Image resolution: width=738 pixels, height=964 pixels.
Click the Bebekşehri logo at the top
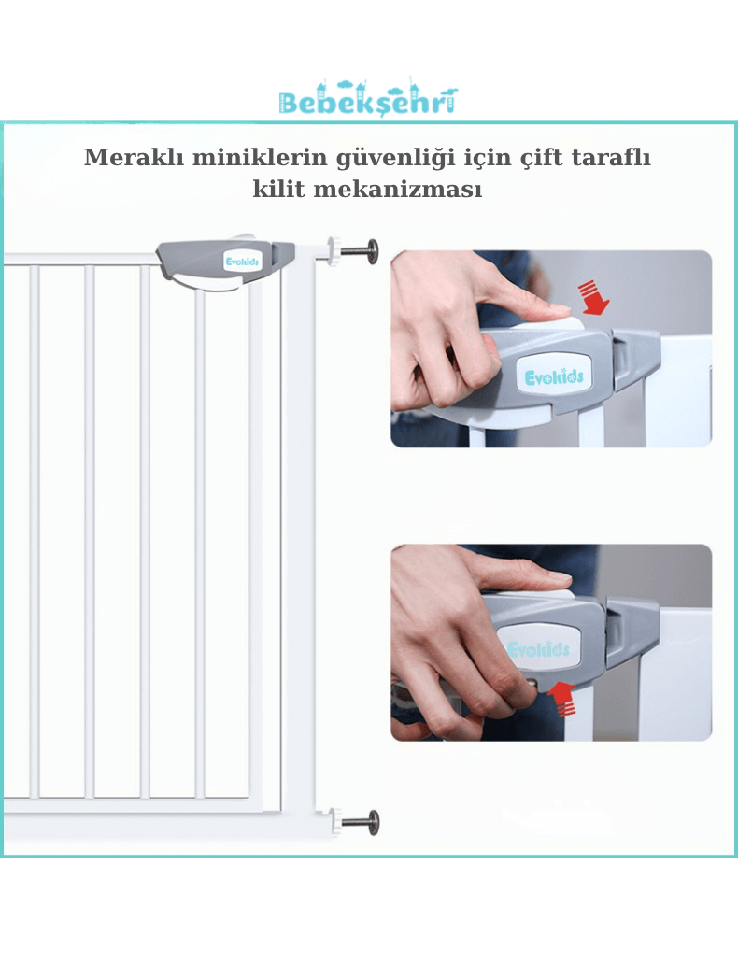point(368,99)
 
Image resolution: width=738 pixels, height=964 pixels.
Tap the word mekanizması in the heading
point(398,189)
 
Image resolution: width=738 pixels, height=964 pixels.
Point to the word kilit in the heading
point(279,189)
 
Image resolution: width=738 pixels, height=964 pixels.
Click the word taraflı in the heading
point(611,157)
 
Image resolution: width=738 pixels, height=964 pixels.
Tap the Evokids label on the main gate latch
point(242,262)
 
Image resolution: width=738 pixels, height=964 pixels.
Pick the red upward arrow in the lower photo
point(561,699)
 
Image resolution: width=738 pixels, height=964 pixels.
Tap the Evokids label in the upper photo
point(553,376)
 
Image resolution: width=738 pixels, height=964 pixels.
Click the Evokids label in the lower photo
point(538,648)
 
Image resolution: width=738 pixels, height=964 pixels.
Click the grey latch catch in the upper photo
point(635,360)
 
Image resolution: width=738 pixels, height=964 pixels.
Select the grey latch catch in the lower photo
point(632,632)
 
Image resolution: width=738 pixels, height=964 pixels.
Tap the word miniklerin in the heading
point(260,157)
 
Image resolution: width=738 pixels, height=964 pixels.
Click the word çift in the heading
point(542,158)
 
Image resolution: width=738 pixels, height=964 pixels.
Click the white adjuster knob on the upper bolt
point(334,251)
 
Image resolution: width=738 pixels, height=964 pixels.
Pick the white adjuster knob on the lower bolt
point(334,822)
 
